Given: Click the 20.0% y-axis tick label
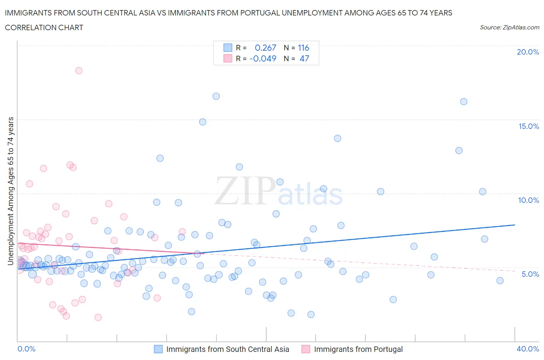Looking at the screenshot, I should [528, 52].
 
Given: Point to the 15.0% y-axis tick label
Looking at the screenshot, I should [529, 126].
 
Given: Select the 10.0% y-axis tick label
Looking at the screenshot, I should [529, 200].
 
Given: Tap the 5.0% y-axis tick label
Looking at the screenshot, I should [530, 274].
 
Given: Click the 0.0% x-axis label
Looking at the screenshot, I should [27, 349].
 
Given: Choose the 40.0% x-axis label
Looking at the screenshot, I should [528, 349].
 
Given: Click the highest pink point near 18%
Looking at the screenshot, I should [79, 70].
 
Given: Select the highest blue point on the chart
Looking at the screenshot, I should [216, 96].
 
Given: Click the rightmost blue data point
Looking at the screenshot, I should [500, 281].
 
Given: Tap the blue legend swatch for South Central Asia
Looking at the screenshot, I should [158, 349].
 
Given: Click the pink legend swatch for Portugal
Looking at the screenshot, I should [306, 349].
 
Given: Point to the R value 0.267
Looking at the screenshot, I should [265, 48].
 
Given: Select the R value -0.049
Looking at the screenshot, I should [263, 58].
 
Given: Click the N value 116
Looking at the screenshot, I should [303, 48].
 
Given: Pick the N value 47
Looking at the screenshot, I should [304, 58].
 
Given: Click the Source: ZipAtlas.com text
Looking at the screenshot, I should [509, 27].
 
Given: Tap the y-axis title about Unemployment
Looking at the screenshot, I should [10, 191].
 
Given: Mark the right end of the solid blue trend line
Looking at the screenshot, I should [515, 225].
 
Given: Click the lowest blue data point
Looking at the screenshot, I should [311, 314].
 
